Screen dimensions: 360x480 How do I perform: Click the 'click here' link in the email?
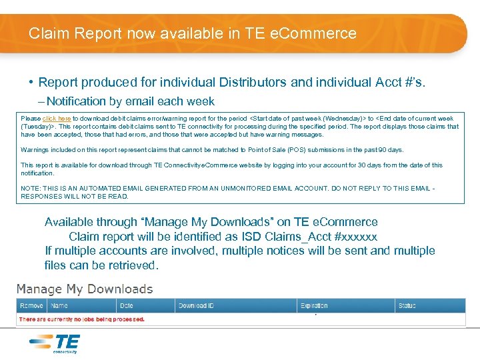click(x=57, y=119)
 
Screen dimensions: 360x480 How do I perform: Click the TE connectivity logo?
click(x=55, y=343)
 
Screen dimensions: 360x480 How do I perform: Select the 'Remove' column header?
click(x=31, y=306)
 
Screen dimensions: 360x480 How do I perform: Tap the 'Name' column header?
click(x=59, y=306)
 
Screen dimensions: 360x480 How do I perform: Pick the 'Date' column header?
click(x=126, y=306)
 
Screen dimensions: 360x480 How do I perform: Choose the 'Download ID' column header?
click(x=196, y=306)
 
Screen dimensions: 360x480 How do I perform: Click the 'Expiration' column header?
click(x=314, y=306)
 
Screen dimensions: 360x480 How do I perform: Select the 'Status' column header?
click(x=407, y=306)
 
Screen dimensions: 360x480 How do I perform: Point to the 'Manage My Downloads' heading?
click(x=85, y=289)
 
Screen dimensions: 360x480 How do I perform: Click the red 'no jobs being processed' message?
click(x=82, y=319)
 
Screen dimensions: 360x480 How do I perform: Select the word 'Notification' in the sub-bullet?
click(x=76, y=101)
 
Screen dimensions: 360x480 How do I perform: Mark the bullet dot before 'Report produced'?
click(x=31, y=83)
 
